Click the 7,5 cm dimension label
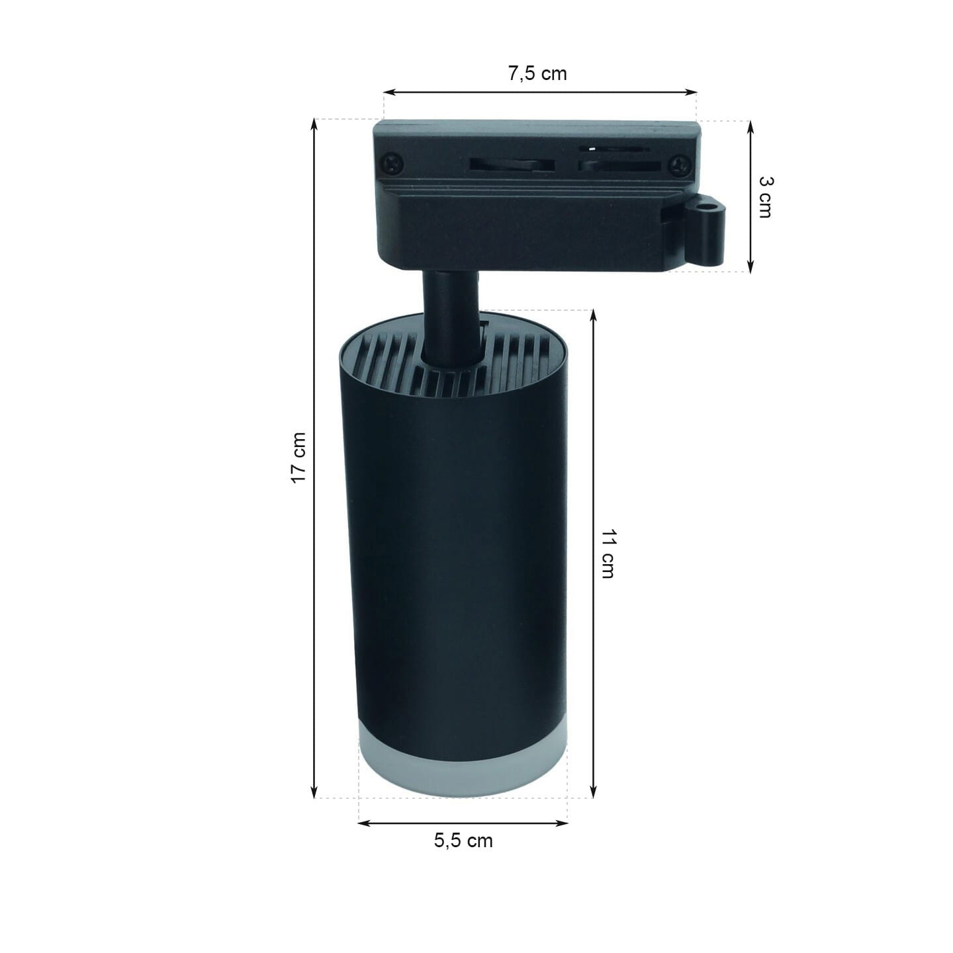pos(537,73)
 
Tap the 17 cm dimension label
pos(298,458)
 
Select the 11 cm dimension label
pos(608,554)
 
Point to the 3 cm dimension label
pos(766,197)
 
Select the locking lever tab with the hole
pos(704,230)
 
